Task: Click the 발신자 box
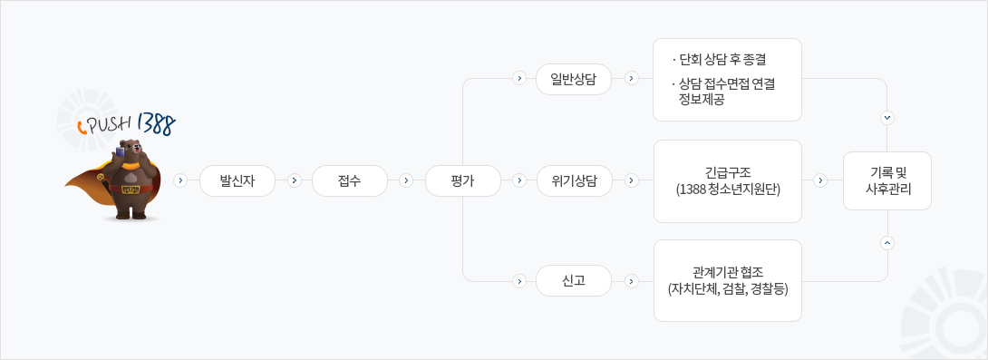(x=237, y=180)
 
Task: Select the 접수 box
(x=350, y=180)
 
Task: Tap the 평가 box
(x=463, y=180)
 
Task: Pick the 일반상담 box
(x=573, y=79)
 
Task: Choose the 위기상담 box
(x=573, y=180)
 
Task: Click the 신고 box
(x=573, y=281)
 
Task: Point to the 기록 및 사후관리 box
(x=887, y=180)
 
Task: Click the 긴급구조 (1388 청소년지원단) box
(x=727, y=181)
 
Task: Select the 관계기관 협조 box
(x=727, y=281)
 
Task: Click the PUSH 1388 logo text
(x=127, y=122)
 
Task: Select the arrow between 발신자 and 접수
(x=294, y=180)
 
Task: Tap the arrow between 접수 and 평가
(x=406, y=180)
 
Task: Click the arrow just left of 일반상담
(x=518, y=79)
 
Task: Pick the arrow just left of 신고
(x=518, y=281)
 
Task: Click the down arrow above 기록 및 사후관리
(x=886, y=118)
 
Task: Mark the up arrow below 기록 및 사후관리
(x=886, y=242)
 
